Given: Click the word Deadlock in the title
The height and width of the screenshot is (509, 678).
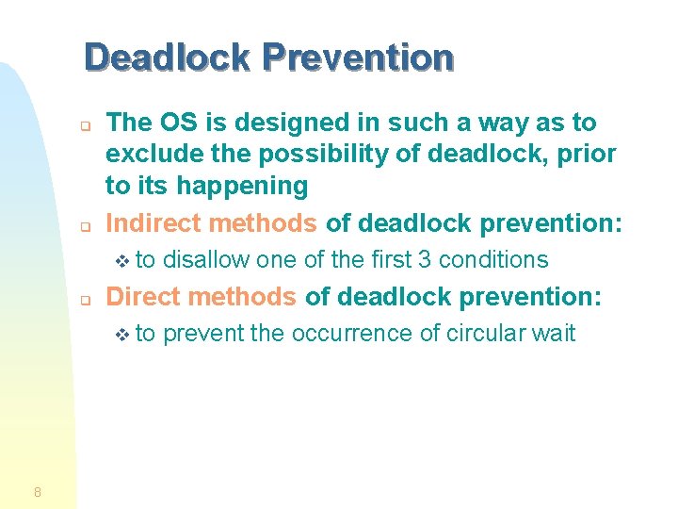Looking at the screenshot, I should click(x=168, y=58).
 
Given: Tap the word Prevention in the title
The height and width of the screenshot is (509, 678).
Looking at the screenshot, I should click(x=358, y=58).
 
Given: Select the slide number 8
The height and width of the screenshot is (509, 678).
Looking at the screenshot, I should click(x=37, y=491).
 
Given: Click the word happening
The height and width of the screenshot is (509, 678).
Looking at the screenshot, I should click(x=244, y=187).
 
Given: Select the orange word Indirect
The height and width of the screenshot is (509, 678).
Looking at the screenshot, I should click(x=155, y=223).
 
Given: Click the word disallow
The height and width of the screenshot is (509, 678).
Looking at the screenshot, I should click(x=206, y=260).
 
